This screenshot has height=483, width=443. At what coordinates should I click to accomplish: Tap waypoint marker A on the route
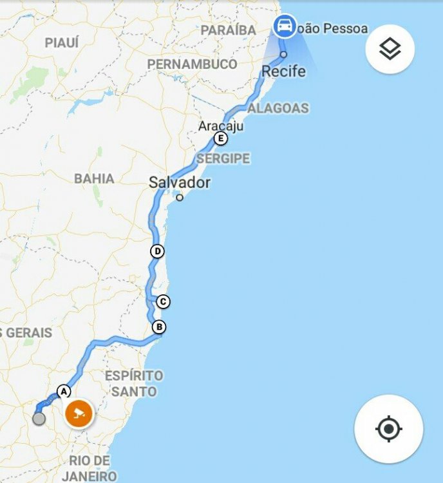[63, 390]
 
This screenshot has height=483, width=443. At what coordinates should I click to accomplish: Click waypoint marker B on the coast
[159, 327]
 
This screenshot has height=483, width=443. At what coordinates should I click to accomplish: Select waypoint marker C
[163, 301]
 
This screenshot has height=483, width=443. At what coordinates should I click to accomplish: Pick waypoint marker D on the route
[156, 251]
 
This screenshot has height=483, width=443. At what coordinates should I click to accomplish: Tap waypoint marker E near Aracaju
[221, 138]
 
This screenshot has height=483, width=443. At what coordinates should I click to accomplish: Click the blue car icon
[284, 27]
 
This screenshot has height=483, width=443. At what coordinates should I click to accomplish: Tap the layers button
[390, 48]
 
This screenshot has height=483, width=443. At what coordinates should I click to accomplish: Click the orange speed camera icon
[79, 413]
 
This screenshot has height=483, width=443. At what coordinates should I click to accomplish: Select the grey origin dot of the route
[39, 419]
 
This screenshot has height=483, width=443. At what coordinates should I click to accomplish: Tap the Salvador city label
[180, 183]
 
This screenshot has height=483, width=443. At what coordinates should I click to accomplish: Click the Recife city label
[283, 71]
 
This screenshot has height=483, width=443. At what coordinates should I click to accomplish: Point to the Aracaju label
[221, 126]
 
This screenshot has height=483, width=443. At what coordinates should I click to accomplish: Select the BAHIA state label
[94, 178]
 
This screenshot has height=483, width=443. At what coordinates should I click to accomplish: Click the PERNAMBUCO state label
[192, 64]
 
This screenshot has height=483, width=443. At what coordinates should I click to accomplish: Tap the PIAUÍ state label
[62, 43]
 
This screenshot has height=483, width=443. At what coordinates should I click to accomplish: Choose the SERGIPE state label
[223, 158]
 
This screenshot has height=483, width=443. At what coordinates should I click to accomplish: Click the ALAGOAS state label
[278, 108]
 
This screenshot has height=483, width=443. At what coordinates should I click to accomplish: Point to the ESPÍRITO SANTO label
[134, 383]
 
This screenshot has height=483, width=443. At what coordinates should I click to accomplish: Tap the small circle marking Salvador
[180, 197]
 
